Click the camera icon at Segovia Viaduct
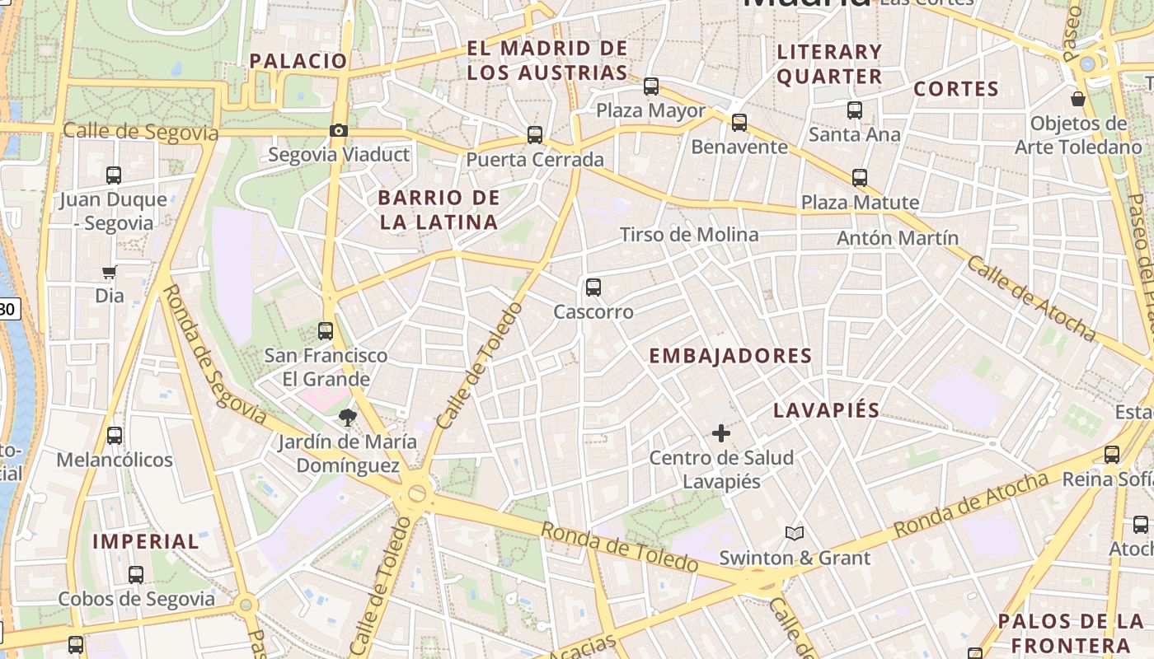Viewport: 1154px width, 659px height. click(x=338, y=130)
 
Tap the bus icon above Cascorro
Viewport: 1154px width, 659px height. click(x=593, y=287)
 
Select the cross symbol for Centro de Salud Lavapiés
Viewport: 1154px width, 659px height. click(x=721, y=432)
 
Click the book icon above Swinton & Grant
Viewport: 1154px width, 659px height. click(x=794, y=534)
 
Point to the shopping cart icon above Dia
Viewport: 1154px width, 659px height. click(x=109, y=272)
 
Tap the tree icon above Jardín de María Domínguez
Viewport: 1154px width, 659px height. click(x=347, y=418)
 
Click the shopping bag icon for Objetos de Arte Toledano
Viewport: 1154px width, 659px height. click(x=1077, y=100)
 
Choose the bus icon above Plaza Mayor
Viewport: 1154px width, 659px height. click(x=651, y=86)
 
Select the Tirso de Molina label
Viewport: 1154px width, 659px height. click(x=689, y=235)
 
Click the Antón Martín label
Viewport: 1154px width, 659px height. click(x=898, y=238)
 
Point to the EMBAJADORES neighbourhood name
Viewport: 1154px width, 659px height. click(x=730, y=356)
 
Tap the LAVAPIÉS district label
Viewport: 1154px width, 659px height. click(x=827, y=410)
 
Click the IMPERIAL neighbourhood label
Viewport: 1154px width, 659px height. click(x=146, y=541)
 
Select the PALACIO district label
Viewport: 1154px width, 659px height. click(x=298, y=61)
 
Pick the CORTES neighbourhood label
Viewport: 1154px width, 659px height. click(x=956, y=89)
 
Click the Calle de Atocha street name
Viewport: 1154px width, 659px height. click(x=1030, y=298)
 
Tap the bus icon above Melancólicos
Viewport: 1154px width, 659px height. click(x=115, y=436)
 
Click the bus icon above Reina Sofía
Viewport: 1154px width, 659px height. click(x=1112, y=454)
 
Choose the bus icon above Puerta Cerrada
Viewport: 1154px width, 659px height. click(x=535, y=134)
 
